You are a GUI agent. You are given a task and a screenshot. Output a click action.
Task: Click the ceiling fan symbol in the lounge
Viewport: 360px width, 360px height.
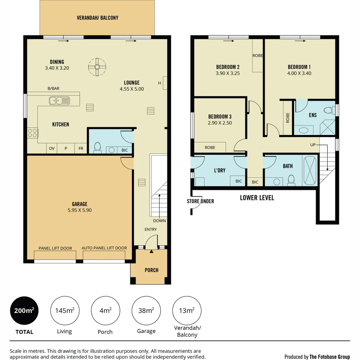click(x=97, y=67)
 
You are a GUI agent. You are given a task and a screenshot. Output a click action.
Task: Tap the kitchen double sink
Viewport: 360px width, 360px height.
click(x=59, y=100)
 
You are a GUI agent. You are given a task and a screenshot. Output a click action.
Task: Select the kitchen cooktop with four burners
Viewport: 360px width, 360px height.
click(x=32, y=133)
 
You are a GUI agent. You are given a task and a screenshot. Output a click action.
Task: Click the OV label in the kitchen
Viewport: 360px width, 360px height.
click(x=52, y=149)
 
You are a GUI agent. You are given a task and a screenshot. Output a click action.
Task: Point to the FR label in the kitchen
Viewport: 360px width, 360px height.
click(x=81, y=149)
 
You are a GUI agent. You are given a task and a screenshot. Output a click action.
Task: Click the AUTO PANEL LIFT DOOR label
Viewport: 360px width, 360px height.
click(x=104, y=248)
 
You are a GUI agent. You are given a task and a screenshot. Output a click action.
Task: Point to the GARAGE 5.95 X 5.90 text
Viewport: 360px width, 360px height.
click(x=79, y=207)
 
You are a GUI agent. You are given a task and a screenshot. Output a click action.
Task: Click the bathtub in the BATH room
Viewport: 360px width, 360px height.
click(x=311, y=171)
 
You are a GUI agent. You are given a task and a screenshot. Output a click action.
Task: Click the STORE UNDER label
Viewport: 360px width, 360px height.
click(x=200, y=201)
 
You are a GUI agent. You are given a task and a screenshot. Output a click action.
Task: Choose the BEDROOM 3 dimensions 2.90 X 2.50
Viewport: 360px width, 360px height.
click(x=220, y=123)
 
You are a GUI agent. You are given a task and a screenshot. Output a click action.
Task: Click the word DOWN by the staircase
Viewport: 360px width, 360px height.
click(x=159, y=221)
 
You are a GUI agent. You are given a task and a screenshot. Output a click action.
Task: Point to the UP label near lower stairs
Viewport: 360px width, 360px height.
click(x=313, y=145)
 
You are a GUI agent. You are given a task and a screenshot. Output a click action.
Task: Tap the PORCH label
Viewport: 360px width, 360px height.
click(x=151, y=270)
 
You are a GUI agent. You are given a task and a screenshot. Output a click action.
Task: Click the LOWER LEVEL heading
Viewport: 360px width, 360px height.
click(x=257, y=198)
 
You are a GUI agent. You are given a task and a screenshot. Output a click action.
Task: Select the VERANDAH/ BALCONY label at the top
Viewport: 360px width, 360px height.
click(x=97, y=18)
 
